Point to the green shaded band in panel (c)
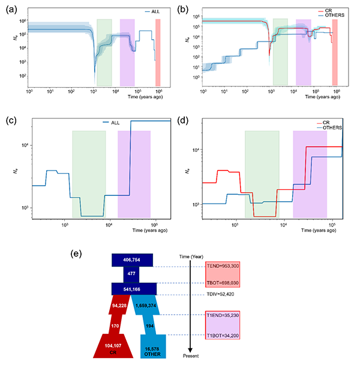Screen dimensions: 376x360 89,174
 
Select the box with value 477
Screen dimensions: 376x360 133,274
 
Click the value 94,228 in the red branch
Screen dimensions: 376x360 118,305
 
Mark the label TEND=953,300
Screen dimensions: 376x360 219,264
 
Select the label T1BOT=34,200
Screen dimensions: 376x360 218,335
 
